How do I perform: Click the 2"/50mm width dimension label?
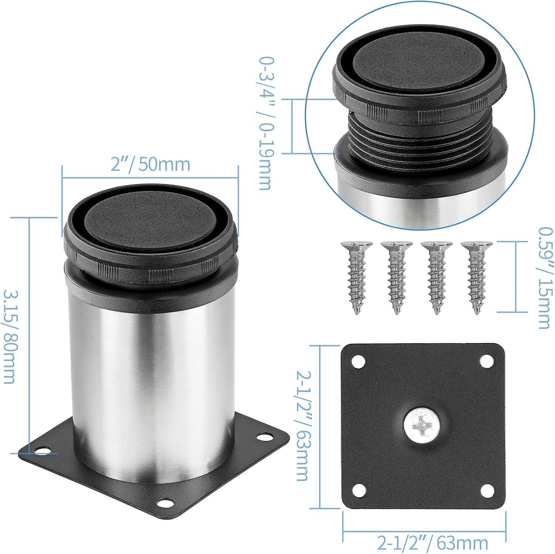click(150, 164)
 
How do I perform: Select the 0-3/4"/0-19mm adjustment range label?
click(265, 124)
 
